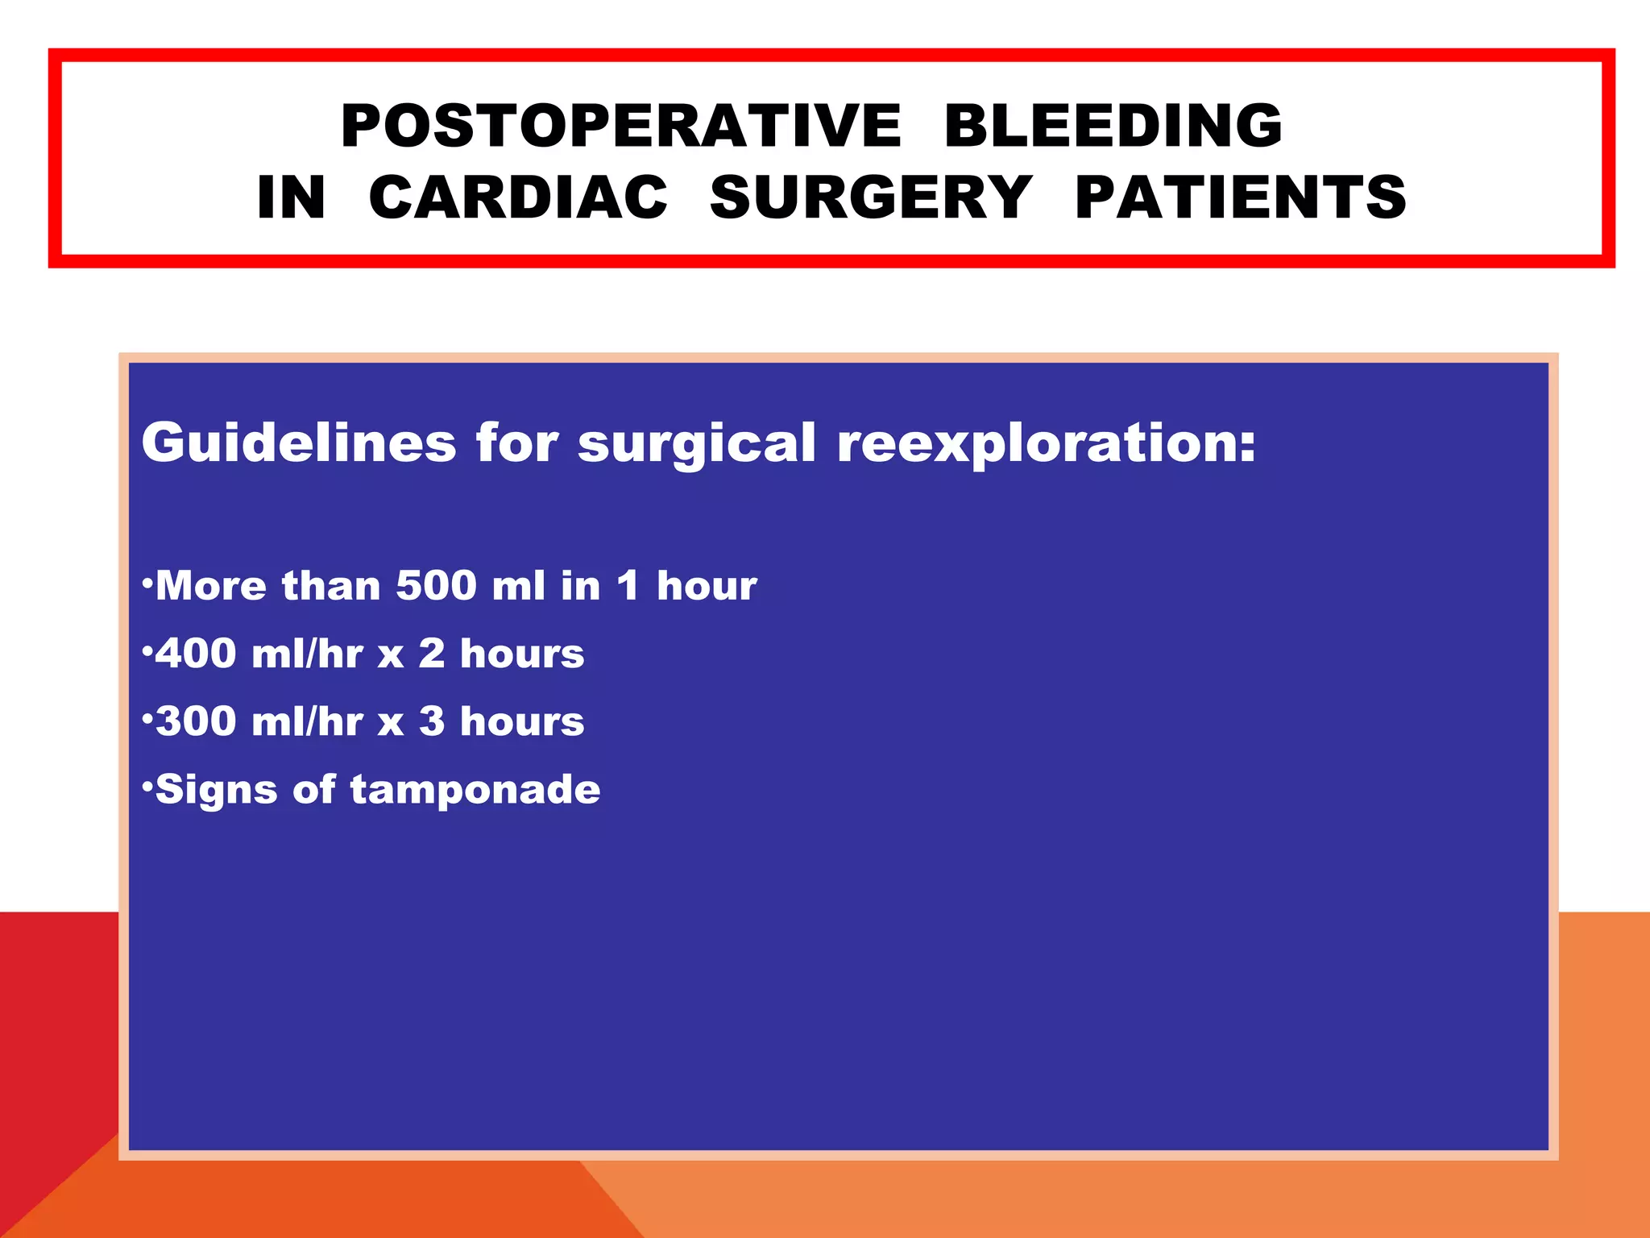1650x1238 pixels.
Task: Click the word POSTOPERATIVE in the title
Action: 620,127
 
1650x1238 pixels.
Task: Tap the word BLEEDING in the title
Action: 1113,127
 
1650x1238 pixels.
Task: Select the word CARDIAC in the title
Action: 518,197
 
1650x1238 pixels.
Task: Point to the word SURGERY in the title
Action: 871,197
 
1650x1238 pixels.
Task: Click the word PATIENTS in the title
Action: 1241,197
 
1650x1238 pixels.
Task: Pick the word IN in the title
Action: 291,197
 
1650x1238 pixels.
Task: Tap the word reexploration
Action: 1046,444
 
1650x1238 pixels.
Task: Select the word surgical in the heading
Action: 697,444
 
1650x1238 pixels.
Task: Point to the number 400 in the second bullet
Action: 196,653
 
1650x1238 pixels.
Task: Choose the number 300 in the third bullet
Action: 196,721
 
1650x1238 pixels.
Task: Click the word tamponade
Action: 475,790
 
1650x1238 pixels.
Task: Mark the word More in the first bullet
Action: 210,585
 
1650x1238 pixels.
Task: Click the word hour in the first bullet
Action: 707,585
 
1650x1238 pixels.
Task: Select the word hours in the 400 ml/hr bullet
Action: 522,653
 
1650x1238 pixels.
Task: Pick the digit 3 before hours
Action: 432,721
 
